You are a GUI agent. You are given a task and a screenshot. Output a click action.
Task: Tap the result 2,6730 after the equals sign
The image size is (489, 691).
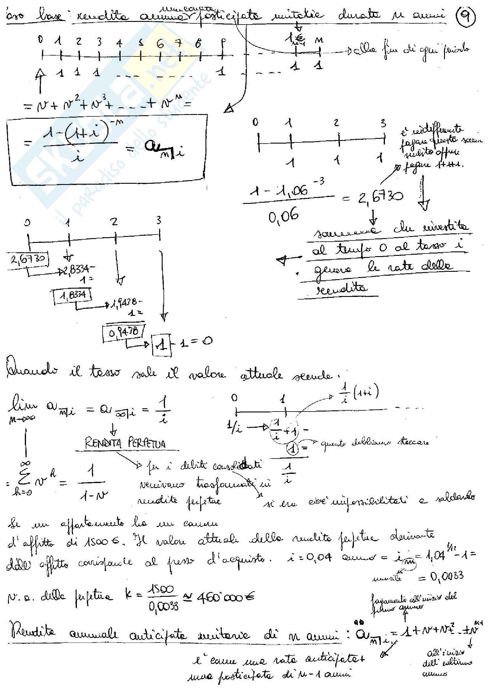[380, 197]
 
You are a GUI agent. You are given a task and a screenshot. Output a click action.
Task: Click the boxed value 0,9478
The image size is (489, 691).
[124, 332]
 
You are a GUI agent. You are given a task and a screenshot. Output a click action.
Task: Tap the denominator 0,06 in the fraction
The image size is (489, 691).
[283, 216]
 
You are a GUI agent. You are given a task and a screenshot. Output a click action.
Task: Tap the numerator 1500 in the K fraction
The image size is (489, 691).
[161, 589]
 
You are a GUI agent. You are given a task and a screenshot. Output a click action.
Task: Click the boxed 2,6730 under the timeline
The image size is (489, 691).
[28, 259]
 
